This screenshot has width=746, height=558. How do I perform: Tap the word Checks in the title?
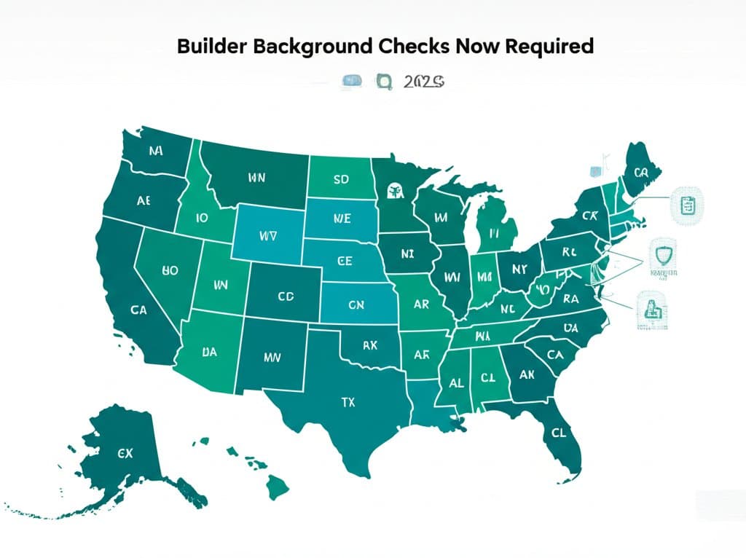point(412,46)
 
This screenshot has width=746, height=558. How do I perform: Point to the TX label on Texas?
point(348,401)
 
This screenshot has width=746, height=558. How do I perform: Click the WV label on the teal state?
point(268,236)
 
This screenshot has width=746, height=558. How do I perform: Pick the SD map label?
point(341,179)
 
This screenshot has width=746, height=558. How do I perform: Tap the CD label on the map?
point(286,297)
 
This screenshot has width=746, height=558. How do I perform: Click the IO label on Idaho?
point(203,216)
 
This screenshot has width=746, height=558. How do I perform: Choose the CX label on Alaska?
point(125,452)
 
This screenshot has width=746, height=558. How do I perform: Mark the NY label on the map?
point(519,268)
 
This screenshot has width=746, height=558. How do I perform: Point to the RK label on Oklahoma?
point(369,345)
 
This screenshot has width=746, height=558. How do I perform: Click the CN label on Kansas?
point(356,306)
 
